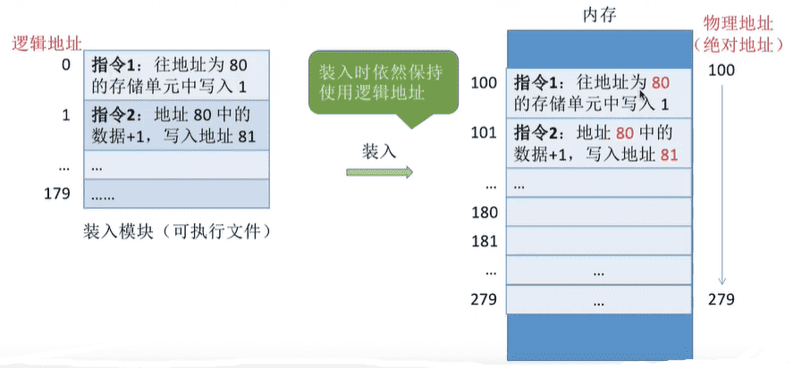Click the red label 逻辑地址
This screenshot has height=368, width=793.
click(46, 44)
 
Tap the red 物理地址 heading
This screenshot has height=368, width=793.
click(738, 24)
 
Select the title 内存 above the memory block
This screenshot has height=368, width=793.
click(600, 16)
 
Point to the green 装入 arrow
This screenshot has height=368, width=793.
click(379, 172)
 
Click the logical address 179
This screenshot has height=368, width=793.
click(56, 193)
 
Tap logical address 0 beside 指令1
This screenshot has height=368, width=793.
click(66, 65)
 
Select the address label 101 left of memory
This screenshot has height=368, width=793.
click(484, 133)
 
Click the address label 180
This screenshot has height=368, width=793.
click(484, 213)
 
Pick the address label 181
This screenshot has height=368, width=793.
click(484, 240)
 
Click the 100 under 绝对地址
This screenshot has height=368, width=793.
click(721, 71)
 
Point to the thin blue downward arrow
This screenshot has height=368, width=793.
click(722, 185)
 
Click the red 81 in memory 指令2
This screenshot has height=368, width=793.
click(669, 155)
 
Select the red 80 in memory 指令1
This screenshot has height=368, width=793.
click(661, 83)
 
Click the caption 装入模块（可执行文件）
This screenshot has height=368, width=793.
click(176, 232)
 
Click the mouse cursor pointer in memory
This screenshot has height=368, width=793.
click(643, 94)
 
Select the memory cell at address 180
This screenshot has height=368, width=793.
click(599, 212)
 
